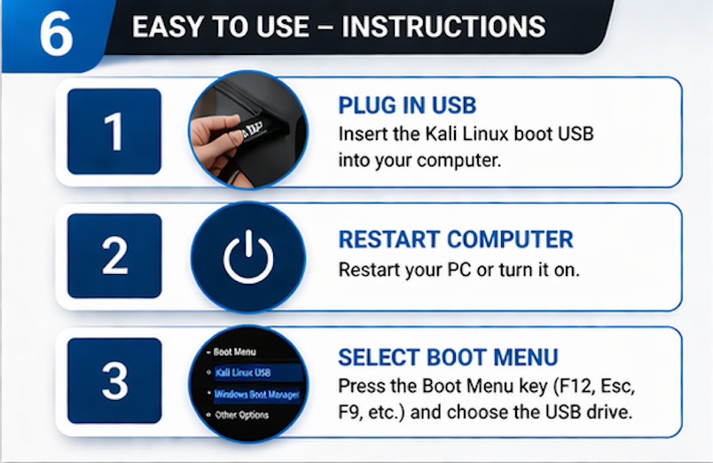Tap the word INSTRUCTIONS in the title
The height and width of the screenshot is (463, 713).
pos(443,27)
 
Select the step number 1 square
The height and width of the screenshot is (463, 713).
pos(114,131)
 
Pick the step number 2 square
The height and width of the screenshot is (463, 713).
pos(114,255)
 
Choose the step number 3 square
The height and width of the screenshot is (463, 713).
pos(114,380)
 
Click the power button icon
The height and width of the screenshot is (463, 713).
pos(248,256)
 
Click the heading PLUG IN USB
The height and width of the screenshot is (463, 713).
pos(407,106)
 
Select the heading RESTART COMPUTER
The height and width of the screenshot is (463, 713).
pos(456,239)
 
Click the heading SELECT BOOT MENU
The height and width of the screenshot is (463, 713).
pos(448,357)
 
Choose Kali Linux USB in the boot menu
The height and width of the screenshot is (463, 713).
pos(242,373)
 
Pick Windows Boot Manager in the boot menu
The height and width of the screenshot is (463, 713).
pos(255,394)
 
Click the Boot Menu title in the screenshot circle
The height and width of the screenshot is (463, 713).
pos(234,352)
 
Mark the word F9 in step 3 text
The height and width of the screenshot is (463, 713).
pos(352,412)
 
